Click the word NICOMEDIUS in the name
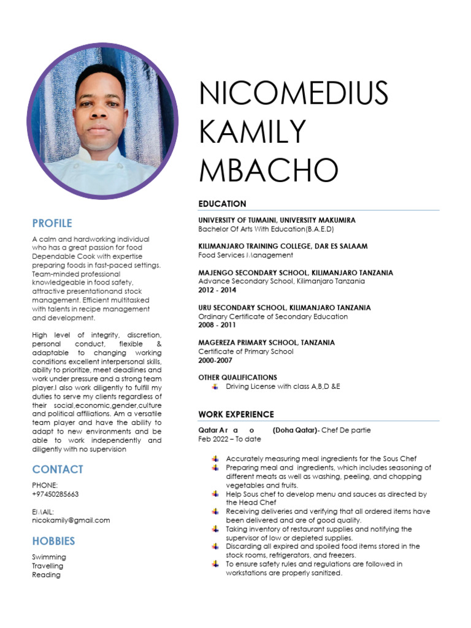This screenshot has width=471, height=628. point(294,94)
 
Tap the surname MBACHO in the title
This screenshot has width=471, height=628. point(269,170)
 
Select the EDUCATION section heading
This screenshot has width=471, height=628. point(222,204)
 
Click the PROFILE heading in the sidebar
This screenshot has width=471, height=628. point(52,223)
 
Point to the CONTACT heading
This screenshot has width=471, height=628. point(58,469)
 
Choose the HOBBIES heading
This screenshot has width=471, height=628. point(53,541)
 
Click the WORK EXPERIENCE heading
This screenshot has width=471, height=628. point(236,415)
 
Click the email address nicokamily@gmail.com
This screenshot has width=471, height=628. point(71,520)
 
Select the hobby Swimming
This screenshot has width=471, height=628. point(49,557)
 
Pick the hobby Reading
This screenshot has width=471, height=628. point(46,575)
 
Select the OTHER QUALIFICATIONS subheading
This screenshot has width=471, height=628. point(237,377)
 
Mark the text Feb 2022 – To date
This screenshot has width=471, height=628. point(229,439)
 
